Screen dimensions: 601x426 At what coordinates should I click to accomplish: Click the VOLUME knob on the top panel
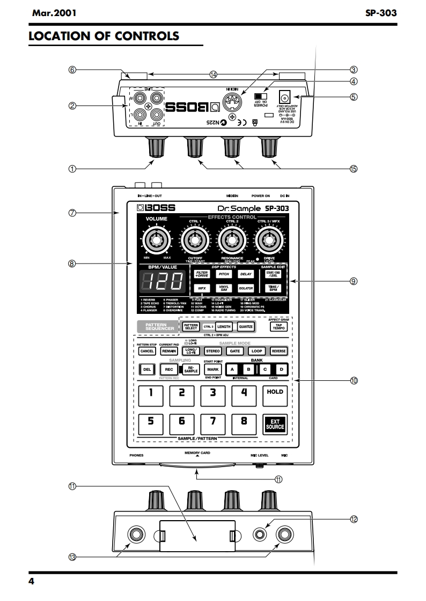pyautogui.click(x=156, y=242)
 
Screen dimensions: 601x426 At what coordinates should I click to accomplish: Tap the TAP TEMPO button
pyautogui.click(x=278, y=326)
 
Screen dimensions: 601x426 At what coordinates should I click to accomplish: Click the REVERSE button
pyautogui.click(x=278, y=351)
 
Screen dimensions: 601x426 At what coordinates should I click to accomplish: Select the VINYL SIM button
pyautogui.click(x=224, y=288)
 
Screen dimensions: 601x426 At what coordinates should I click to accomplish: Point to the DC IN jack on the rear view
pyautogui.click(x=285, y=97)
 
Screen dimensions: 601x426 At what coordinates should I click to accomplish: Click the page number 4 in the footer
pyautogui.click(x=31, y=582)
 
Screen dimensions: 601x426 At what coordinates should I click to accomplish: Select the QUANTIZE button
pyautogui.click(x=245, y=326)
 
